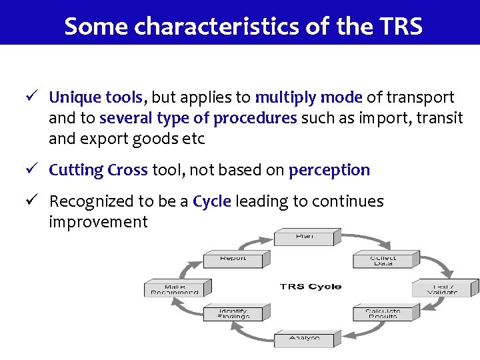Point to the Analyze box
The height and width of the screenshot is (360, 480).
(305, 339)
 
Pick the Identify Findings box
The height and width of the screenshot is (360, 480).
(235, 313)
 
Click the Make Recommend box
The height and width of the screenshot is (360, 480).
(175, 289)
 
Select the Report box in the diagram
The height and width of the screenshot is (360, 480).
(233, 259)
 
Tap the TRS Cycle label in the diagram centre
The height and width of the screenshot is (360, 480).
(311, 287)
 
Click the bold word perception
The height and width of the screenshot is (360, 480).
(329, 170)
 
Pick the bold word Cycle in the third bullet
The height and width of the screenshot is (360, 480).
(211, 201)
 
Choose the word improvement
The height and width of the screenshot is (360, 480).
(98, 222)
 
